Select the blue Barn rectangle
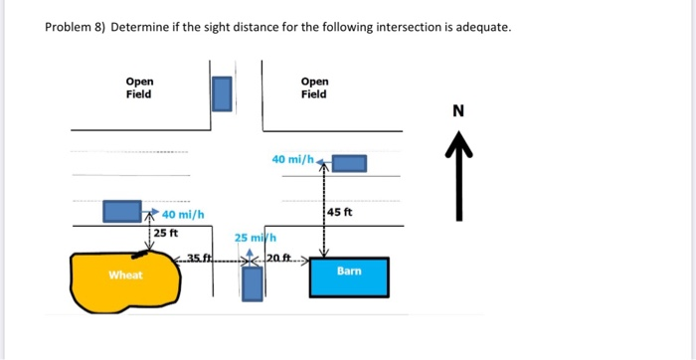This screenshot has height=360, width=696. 349,276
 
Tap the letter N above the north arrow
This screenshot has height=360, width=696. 457,110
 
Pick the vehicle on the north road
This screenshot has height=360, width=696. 223,94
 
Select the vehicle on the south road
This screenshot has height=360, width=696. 253,282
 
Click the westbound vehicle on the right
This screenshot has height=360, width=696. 349,162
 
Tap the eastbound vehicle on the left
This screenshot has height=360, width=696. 122,211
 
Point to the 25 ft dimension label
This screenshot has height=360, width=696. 165,233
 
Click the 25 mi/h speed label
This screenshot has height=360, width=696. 254,238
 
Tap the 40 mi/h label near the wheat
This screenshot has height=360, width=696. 183,215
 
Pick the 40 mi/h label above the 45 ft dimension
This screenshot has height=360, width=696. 291,158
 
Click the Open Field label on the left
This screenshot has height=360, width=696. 139,88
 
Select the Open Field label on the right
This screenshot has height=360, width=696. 313,88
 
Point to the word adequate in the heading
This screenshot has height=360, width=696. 481,27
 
